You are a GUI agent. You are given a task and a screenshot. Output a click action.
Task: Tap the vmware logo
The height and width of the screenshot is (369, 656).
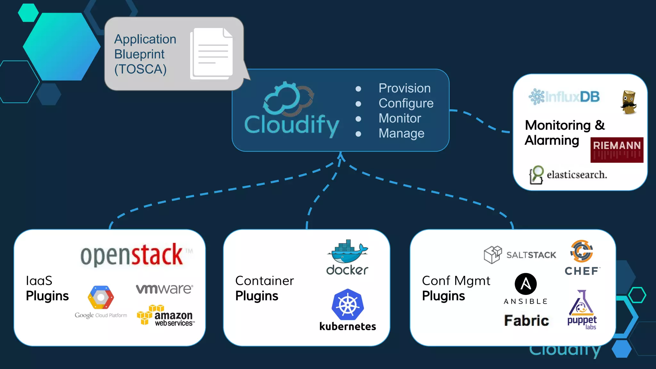164,289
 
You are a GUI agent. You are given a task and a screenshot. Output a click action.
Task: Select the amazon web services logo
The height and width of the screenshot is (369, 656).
165,316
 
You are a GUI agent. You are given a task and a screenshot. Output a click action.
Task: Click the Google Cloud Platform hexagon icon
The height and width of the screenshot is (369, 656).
101,297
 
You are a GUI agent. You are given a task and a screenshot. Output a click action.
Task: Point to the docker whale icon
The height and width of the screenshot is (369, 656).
348,251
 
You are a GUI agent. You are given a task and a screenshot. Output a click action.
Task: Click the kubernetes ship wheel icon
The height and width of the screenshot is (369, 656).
348,305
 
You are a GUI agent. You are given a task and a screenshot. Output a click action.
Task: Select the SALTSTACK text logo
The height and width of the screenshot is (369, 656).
531,255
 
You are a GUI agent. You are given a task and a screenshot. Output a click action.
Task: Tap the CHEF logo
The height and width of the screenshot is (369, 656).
582,258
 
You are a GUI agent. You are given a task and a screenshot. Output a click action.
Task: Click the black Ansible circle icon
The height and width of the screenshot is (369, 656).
525,284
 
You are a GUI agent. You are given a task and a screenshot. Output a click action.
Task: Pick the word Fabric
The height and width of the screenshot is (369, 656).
526,321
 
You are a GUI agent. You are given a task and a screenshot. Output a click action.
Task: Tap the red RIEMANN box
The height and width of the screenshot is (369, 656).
617,150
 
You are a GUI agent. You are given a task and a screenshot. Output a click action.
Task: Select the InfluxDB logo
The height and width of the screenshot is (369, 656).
564,97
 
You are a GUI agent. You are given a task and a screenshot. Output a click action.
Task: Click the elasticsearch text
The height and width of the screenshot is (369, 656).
577,175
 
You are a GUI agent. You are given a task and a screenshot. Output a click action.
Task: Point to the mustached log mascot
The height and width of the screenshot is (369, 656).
629,102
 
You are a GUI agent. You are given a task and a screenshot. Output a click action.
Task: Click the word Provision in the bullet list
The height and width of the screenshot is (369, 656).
405,88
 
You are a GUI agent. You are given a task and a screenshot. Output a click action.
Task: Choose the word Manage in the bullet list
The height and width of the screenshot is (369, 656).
401,133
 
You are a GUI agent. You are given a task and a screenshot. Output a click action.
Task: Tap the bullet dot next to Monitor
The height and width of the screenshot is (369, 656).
358,119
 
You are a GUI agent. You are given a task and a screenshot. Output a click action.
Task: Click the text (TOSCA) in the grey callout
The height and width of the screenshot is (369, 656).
140,69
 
